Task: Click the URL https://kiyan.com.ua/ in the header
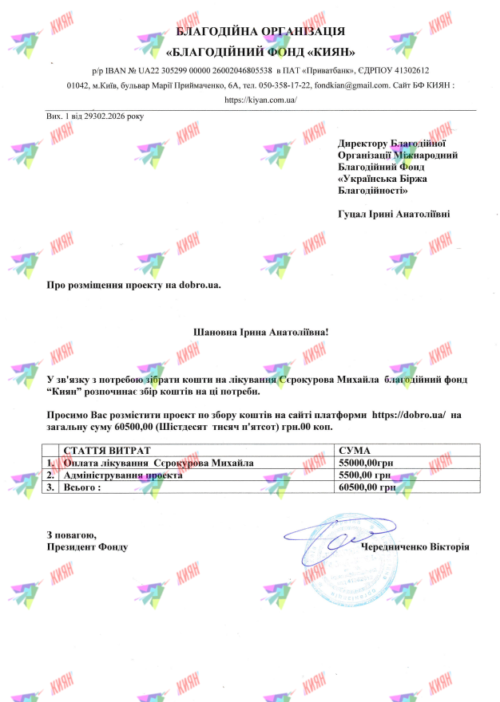click(260, 100)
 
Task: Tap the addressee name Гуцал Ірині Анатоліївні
click(394, 214)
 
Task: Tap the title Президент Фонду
click(87, 547)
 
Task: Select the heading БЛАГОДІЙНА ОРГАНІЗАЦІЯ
click(260, 31)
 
